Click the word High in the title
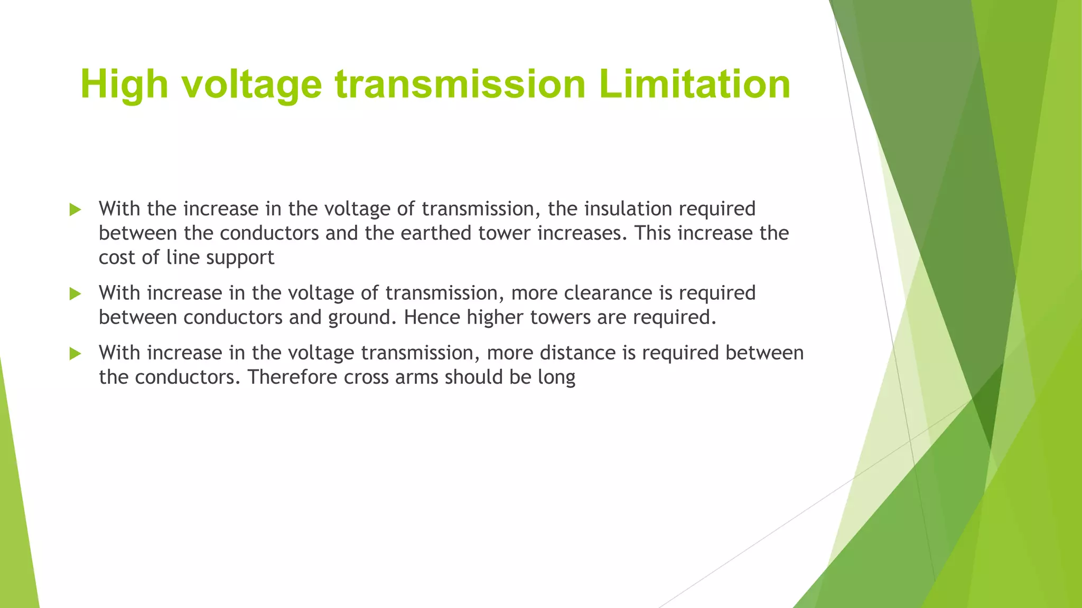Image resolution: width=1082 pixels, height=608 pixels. coord(124,84)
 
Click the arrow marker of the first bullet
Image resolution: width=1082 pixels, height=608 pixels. coord(75,210)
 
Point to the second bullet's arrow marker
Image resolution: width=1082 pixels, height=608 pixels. coord(75,294)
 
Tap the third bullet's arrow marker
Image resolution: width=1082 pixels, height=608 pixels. coord(75,354)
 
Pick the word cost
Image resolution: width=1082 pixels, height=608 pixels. coord(117,258)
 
